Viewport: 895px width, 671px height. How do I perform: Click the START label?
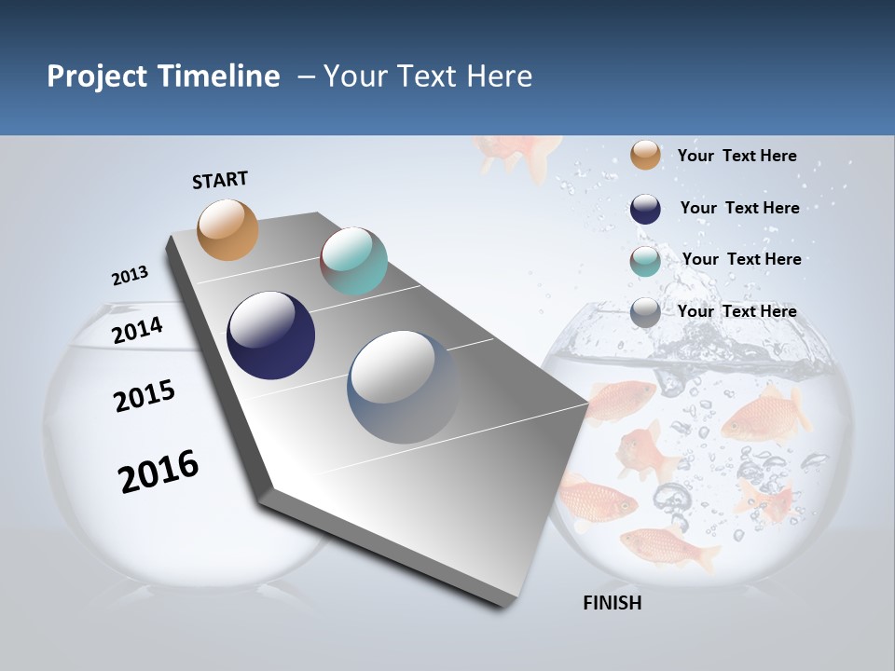point(220,179)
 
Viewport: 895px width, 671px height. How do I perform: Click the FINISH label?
point(612,603)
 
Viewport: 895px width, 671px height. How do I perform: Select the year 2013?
point(130,276)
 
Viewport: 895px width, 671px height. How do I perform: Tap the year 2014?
point(137,331)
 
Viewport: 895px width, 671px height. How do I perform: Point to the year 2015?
point(144,396)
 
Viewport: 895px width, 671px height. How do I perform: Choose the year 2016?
point(158,471)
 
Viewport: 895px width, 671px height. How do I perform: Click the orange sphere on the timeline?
point(228,229)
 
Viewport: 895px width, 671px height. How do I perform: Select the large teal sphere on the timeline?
point(353,261)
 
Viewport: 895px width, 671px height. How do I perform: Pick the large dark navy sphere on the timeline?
point(270,335)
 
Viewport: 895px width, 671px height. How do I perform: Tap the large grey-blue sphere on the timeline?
point(404,387)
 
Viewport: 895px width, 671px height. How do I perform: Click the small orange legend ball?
point(645,156)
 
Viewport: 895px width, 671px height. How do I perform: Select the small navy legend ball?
point(645,209)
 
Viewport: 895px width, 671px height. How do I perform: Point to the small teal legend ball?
point(645,262)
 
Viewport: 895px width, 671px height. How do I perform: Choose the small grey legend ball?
point(645,313)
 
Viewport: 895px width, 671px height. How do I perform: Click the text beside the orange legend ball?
point(737,156)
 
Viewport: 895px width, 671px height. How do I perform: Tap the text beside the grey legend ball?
point(737,311)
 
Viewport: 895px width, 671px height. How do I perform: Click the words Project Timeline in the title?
point(163,76)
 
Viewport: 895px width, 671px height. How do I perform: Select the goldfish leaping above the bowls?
point(518,153)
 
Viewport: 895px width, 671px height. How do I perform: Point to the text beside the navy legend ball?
point(739,208)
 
